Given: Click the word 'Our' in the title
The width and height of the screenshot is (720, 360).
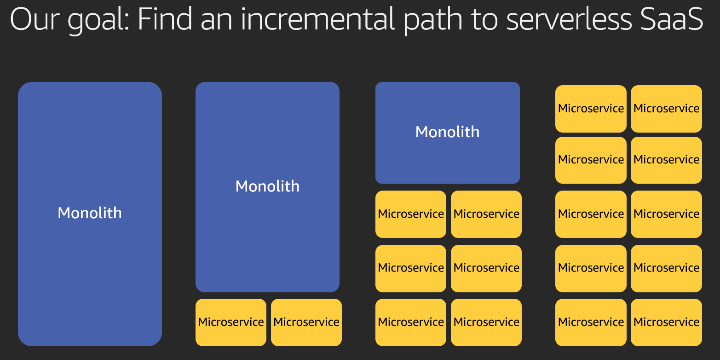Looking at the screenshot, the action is [35, 19].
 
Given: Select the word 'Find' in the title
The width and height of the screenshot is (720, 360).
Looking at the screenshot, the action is [165, 19].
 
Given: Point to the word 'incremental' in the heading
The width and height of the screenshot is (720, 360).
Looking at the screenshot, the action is [317, 19].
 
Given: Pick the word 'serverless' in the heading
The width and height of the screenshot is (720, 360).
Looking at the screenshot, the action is [569, 19].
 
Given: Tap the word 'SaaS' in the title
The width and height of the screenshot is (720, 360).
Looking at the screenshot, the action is [672, 19].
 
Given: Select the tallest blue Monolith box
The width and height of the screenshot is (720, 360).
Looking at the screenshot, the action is [90, 214].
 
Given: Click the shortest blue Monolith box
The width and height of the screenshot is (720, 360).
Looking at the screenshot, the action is [448, 133].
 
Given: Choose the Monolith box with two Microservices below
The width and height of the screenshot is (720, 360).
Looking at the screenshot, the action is [267, 187].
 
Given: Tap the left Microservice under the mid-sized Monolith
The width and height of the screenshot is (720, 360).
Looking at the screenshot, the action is [231, 322].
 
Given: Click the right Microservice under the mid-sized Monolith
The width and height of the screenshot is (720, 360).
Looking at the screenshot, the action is [306, 322].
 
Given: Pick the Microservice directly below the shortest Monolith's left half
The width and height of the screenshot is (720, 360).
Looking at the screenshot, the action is [411, 214].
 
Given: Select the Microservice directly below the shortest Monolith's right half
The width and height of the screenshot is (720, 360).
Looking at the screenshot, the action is [486, 214].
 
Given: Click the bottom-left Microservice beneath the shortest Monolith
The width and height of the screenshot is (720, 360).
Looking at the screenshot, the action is [411, 322].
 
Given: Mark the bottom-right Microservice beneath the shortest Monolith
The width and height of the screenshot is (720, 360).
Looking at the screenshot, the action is [486, 322].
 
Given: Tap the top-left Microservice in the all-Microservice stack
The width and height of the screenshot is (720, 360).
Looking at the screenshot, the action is [591, 109].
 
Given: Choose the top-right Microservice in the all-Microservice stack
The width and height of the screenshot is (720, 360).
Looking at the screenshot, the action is [666, 109].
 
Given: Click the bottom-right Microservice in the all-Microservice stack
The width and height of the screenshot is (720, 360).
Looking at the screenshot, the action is [666, 322].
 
